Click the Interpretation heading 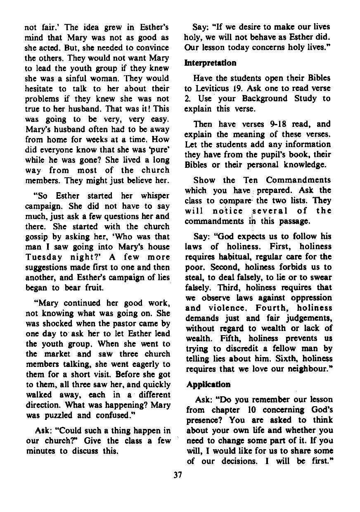pos(210,63)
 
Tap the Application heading pos(208,384)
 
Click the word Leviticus pos(211,88)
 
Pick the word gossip pos(37,236)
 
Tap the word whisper pos(155,196)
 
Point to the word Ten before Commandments pos(250,180)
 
